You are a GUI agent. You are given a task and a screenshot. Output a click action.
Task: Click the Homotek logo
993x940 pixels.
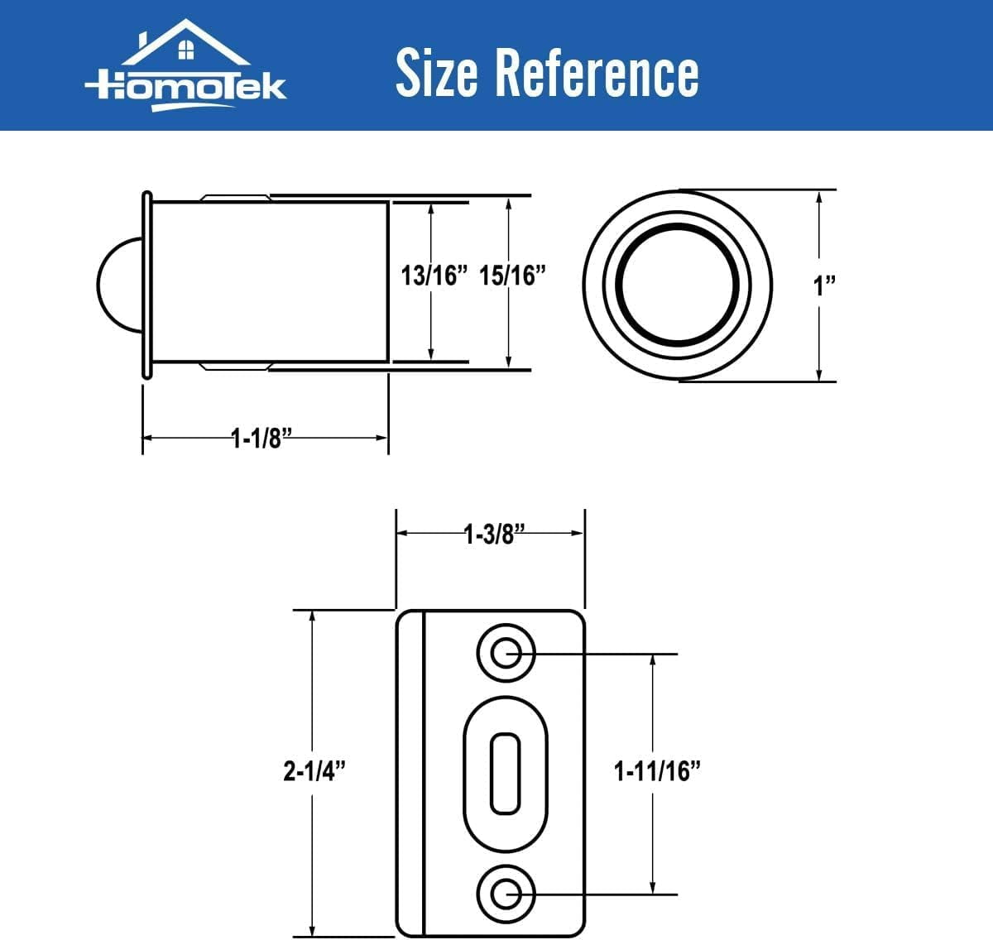tap(186, 66)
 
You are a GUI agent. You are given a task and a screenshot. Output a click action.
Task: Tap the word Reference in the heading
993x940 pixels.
tap(597, 73)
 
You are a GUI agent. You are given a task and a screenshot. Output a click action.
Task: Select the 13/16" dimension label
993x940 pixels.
tap(429, 276)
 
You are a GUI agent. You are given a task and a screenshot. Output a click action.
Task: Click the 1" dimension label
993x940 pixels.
tap(823, 286)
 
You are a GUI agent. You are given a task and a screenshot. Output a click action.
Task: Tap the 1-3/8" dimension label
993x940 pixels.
tap(490, 535)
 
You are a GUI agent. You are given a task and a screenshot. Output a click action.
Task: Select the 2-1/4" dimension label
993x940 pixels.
tap(314, 771)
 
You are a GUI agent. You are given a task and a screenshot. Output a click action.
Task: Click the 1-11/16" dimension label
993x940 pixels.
tap(657, 771)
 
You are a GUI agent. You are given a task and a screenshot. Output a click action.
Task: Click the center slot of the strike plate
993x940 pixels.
tap(505, 773)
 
